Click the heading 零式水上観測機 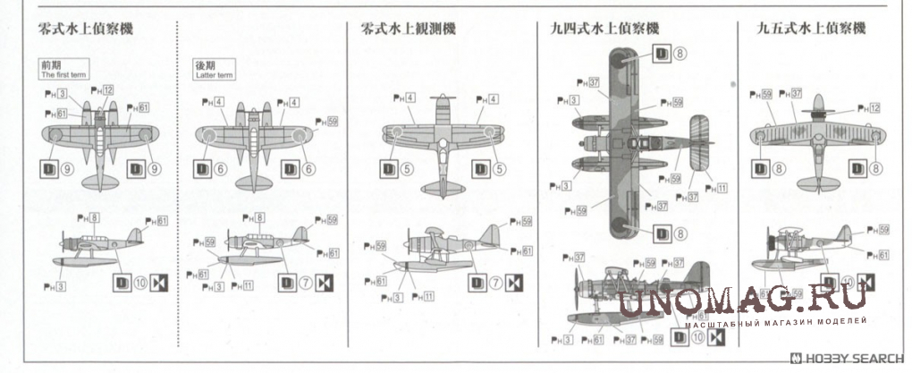(408, 29)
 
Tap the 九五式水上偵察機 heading (811, 29)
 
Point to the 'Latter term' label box (218, 71)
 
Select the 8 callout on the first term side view (94, 217)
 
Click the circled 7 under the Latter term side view (307, 284)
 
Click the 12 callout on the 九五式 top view (874, 107)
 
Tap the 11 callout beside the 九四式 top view (722, 187)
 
